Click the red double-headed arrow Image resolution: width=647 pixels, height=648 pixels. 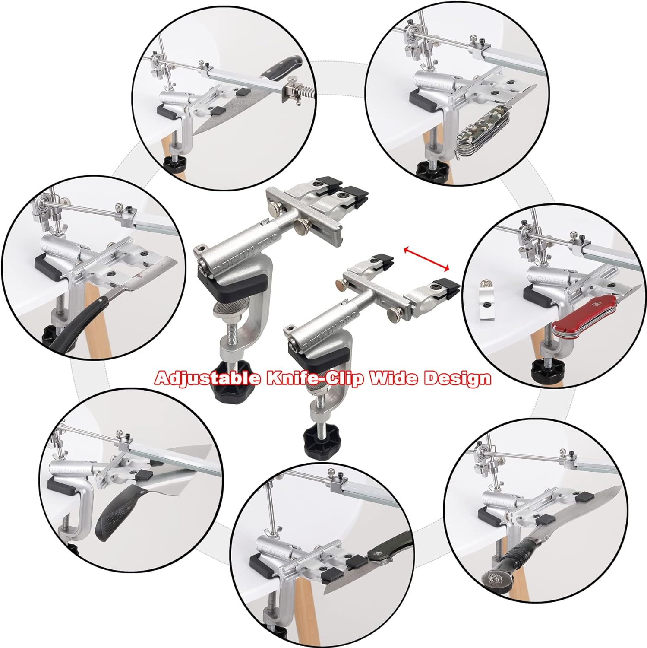426,258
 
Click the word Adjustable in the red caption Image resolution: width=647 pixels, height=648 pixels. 208,378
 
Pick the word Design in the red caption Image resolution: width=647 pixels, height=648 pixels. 458,378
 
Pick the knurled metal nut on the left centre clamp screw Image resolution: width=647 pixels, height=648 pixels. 225,310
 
